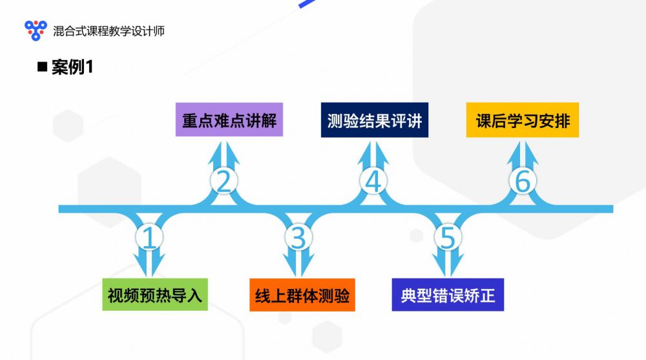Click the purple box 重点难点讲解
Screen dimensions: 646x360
pos(229,120)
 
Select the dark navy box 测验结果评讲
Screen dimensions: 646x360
pos(375,120)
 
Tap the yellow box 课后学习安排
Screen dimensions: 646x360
pos(523,120)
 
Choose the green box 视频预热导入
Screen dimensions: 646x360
pos(155,295)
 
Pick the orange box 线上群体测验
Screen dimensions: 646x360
pos(302,295)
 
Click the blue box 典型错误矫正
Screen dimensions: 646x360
pos(448,295)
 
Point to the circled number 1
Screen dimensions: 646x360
pos(149,237)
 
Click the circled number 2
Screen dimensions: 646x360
pos(224,180)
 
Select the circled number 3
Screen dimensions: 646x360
pos(298,237)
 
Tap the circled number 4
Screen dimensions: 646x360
pos(373,180)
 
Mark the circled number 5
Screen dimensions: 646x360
pos(448,237)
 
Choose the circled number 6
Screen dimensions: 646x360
pos(523,180)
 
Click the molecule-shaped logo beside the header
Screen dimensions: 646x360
pos(36,30)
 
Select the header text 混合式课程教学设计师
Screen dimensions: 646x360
pos(109,31)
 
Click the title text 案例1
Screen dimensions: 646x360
pos(72,67)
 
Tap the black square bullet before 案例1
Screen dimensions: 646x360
pos(42,67)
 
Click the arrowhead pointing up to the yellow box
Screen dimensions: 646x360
pos(523,154)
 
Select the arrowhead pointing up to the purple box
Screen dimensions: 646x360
pos(224,154)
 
